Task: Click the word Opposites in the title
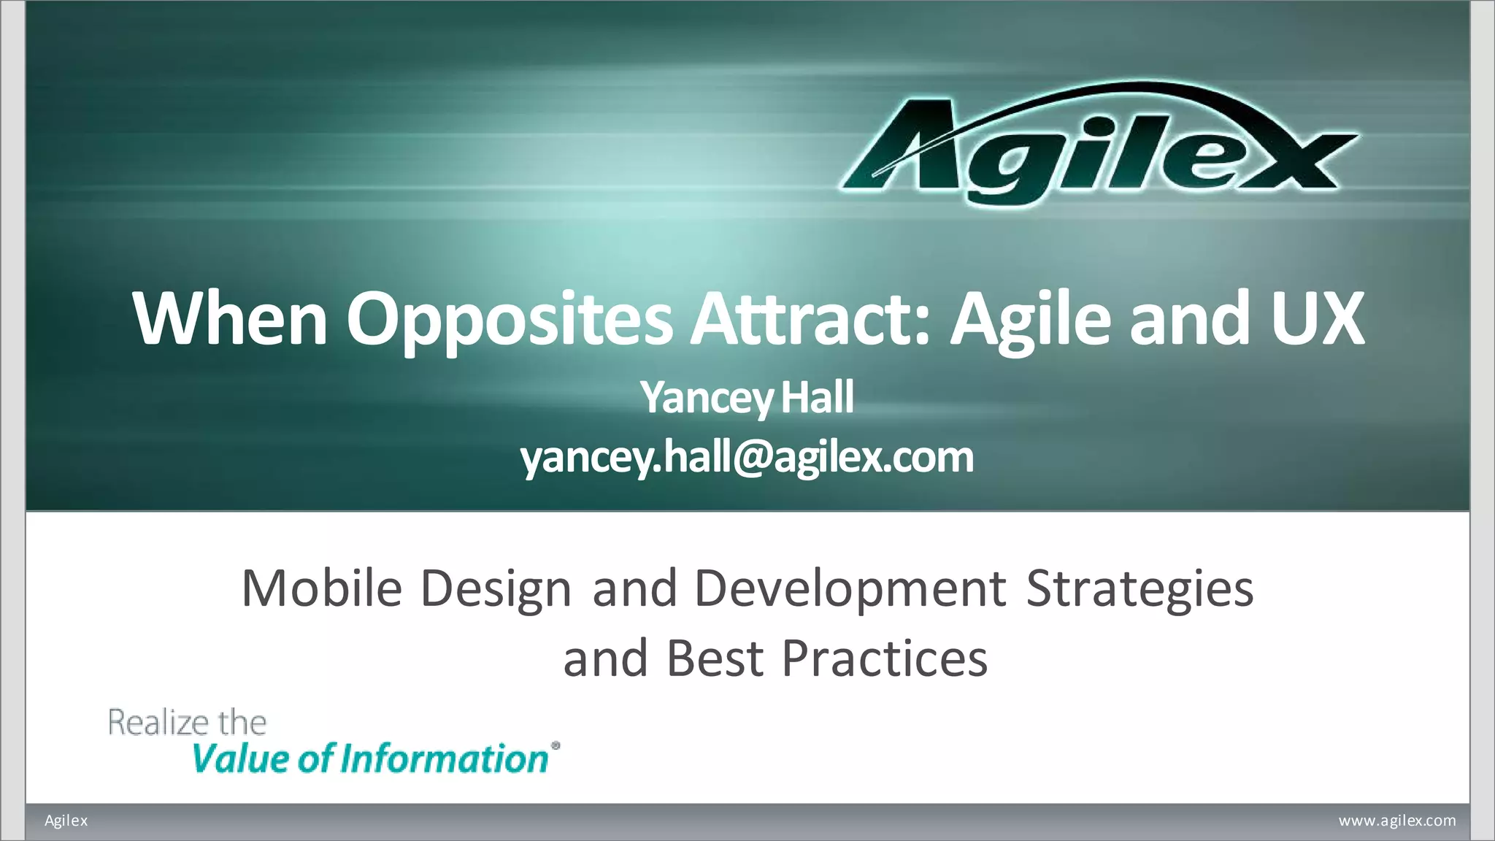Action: pyautogui.click(x=509, y=318)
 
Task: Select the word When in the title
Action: pyautogui.click(x=230, y=318)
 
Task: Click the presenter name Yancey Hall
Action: pyautogui.click(x=747, y=398)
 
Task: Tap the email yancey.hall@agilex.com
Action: pyautogui.click(x=747, y=458)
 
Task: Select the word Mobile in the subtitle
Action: pyautogui.click(x=322, y=588)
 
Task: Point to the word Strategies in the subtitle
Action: pyautogui.click(x=1139, y=589)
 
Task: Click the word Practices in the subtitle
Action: pyautogui.click(x=884, y=658)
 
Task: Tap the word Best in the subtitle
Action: pyautogui.click(x=715, y=658)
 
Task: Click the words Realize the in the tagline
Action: pyautogui.click(x=188, y=723)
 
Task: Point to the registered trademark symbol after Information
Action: pyautogui.click(x=556, y=746)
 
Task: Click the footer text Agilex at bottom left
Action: pyautogui.click(x=66, y=821)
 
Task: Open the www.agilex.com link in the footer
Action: pyautogui.click(x=1396, y=821)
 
